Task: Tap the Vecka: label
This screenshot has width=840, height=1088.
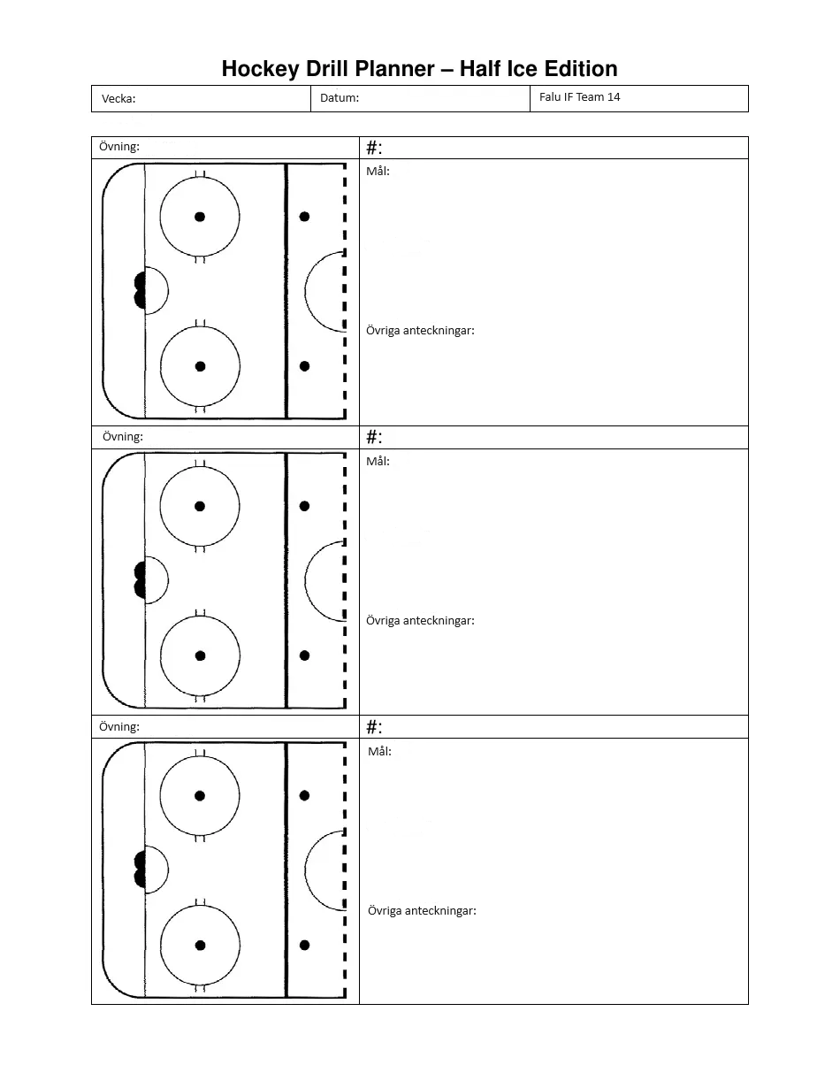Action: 118,99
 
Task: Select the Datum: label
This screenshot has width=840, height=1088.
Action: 340,98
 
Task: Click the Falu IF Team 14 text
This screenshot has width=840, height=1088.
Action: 579,97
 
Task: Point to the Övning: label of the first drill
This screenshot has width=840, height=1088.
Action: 119,147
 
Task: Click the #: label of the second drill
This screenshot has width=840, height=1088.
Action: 374,437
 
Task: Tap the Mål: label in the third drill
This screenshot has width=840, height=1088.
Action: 379,752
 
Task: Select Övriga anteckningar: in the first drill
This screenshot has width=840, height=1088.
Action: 420,331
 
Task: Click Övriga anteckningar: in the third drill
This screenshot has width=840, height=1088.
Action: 422,911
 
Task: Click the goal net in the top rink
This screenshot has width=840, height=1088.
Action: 140,290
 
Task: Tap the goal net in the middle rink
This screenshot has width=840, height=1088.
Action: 140,580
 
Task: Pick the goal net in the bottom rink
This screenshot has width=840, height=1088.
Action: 140,870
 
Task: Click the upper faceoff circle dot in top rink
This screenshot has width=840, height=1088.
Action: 200,217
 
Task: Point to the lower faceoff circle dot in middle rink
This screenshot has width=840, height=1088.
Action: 200,655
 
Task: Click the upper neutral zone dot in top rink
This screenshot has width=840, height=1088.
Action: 304,217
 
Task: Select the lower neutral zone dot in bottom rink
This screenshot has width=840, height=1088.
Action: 304,946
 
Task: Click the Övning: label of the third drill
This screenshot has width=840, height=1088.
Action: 119,727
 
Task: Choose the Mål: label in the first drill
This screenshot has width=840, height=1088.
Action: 378,172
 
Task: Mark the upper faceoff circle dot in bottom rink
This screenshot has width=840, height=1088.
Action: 200,796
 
